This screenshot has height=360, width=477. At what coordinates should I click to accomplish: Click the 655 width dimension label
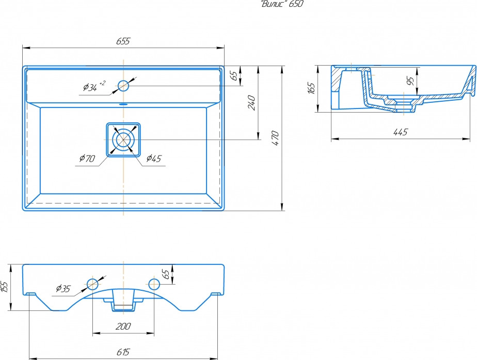click(123, 41)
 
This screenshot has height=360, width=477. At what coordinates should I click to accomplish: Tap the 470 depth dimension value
click(275, 138)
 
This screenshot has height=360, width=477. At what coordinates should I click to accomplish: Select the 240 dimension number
click(251, 103)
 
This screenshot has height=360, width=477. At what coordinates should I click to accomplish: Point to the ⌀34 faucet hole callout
click(94, 86)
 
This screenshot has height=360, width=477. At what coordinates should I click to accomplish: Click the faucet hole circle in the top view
click(123, 86)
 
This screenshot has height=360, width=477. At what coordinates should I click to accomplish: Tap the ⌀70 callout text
click(87, 158)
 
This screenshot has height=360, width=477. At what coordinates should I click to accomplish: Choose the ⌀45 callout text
click(154, 158)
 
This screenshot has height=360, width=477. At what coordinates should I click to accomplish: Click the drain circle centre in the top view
click(123, 139)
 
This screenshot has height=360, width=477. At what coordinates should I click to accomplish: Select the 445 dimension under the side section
click(401, 132)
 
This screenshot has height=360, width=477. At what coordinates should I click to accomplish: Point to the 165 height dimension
click(311, 88)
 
